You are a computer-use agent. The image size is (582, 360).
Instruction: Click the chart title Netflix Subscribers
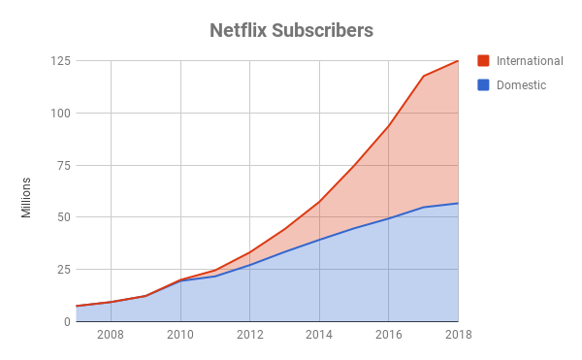[291, 30]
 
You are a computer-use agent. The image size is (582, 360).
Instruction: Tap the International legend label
[530, 61]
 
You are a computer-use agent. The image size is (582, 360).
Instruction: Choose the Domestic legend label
[521, 85]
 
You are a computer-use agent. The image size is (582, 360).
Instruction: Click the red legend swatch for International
[484, 61]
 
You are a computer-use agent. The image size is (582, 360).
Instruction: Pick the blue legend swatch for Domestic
[484, 85]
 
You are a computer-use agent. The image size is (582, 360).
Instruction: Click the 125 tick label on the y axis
[60, 61]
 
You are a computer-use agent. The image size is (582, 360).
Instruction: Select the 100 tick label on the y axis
[60, 113]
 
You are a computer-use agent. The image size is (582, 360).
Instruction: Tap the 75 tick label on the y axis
[63, 165]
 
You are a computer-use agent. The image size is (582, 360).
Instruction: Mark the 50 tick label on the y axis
[63, 216]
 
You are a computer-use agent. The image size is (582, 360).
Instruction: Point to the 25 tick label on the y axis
[63, 269]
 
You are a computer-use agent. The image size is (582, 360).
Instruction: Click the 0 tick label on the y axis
[66, 321]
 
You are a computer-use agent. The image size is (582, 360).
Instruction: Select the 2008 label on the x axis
[111, 336]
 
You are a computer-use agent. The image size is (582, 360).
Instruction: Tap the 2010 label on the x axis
[180, 336]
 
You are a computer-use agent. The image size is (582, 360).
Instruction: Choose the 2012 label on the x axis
[250, 336]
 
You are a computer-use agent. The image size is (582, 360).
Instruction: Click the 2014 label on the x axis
[319, 336]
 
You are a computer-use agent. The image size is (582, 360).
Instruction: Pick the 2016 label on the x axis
[389, 336]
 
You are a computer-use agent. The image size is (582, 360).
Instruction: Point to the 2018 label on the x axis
[458, 336]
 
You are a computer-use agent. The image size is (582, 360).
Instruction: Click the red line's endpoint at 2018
[458, 61]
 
